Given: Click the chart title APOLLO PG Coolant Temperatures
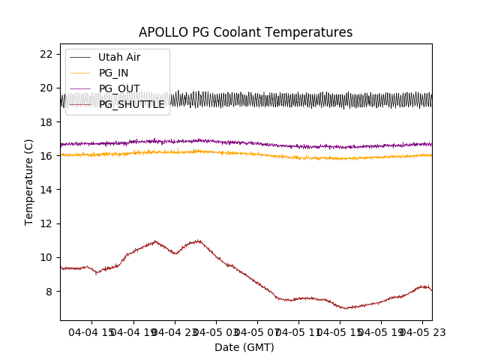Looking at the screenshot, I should (x=245, y=32).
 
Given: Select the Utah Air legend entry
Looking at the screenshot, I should (x=118, y=57).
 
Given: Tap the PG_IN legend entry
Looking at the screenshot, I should (x=113, y=73).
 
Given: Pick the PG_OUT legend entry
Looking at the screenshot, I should (x=118, y=88).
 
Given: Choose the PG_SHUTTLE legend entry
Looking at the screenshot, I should (x=131, y=104).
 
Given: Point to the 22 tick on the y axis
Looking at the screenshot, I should (x=46, y=54).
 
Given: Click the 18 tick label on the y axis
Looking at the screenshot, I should (x=46, y=121).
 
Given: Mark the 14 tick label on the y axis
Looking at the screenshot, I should (x=46, y=190).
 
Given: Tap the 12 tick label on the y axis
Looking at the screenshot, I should (x=46, y=223).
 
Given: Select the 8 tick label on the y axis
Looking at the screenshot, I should (x=49, y=291).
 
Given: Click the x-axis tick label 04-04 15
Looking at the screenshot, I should (x=93, y=331).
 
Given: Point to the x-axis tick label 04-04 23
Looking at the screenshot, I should (x=175, y=331).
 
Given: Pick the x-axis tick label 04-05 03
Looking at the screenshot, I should (x=216, y=331).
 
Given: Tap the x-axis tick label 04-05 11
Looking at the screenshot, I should (x=298, y=331).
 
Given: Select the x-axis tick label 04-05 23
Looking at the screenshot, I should (x=420, y=331).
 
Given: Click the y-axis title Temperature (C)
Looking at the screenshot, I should (x=29, y=181).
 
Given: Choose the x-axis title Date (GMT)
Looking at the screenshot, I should (x=244, y=347).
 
